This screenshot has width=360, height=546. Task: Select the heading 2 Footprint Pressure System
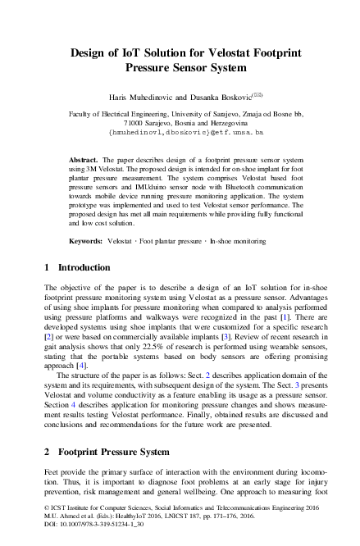(107, 453)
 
